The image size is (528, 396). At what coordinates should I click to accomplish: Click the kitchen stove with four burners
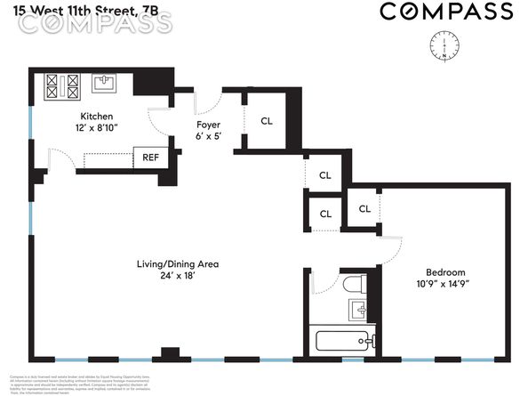[x=62, y=85]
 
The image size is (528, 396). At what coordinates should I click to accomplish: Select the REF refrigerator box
[x=148, y=158]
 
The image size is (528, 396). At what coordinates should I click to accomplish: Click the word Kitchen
[x=97, y=117]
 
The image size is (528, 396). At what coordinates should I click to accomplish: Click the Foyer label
[x=208, y=125]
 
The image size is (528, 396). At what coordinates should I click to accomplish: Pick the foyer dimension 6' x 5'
[x=208, y=137]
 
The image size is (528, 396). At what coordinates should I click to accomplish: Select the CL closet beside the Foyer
[x=267, y=121]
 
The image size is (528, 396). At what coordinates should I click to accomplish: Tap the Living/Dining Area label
[x=178, y=263]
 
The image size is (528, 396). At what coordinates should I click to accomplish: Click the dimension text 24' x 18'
[x=178, y=276]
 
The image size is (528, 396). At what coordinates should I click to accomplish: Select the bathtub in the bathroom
[x=346, y=340]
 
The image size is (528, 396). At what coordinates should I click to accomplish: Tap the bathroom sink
[x=358, y=311]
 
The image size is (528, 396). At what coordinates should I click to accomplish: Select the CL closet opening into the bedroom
[x=364, y=208]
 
